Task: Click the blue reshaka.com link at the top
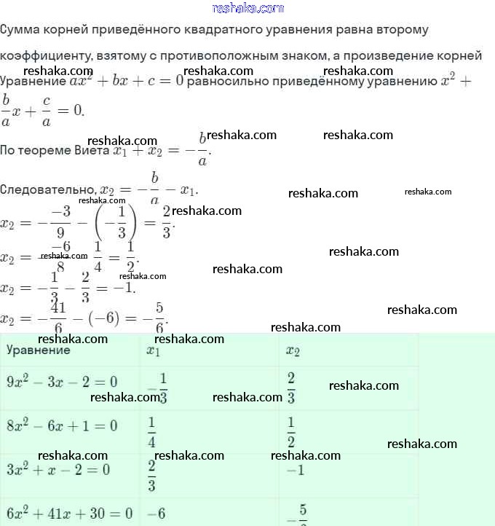(247, 8)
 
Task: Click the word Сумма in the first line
(20, 30)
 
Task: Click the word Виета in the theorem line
(92, 151)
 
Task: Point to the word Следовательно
(47, 189)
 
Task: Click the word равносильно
(227, 81)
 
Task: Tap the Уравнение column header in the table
(39, 350)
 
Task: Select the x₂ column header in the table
(293, 350)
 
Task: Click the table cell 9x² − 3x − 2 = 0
(62, 382)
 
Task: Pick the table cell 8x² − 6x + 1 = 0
(62, 425)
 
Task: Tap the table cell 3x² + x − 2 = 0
(58, 469)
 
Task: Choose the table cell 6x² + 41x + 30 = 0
(70, 513)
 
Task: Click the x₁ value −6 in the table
(157, 513)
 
